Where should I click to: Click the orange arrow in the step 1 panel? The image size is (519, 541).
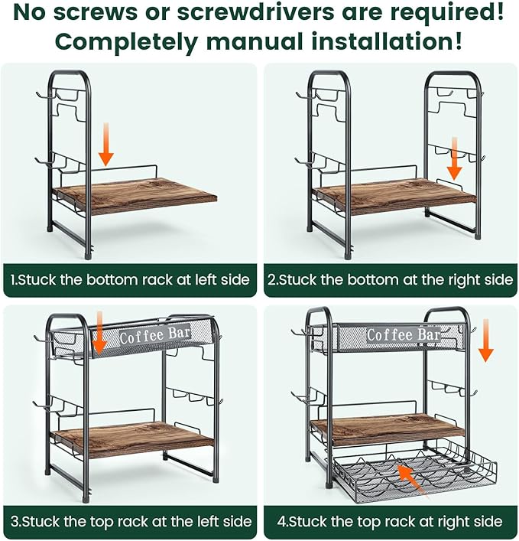(106, 144)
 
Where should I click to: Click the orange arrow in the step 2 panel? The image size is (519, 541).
(455, 158)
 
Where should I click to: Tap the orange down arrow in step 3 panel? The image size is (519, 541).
(100, 333)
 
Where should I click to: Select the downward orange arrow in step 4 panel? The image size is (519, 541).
(486, 341)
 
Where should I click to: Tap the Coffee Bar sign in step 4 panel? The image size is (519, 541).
(404, 334)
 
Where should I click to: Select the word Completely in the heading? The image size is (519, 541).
(126, 41)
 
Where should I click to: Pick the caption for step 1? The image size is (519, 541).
(130, 280)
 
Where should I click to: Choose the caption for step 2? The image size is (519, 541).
(390, 280)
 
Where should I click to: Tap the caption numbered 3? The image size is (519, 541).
(131, 521)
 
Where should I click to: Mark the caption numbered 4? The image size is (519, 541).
(390, 521)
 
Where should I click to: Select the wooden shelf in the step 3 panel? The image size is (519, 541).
(133, 438)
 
